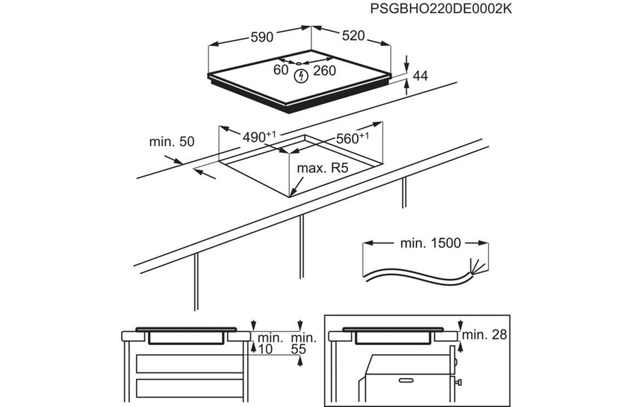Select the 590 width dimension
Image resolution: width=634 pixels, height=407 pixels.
point(261,38)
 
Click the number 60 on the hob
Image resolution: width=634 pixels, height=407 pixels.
point(281,70)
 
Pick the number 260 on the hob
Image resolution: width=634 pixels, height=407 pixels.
point(324,70)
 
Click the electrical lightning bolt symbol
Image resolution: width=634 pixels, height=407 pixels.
point(301,75)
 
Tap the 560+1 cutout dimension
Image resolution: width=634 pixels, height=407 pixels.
point(352,139)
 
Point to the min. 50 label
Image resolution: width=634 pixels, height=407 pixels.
point(171,142)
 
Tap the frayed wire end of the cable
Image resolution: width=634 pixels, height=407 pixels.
point(479,268)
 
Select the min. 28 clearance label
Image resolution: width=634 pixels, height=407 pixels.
point(486,334)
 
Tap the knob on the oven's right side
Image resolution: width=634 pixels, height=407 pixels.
point(459,384)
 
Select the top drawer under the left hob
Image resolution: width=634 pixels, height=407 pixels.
point(187,363)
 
